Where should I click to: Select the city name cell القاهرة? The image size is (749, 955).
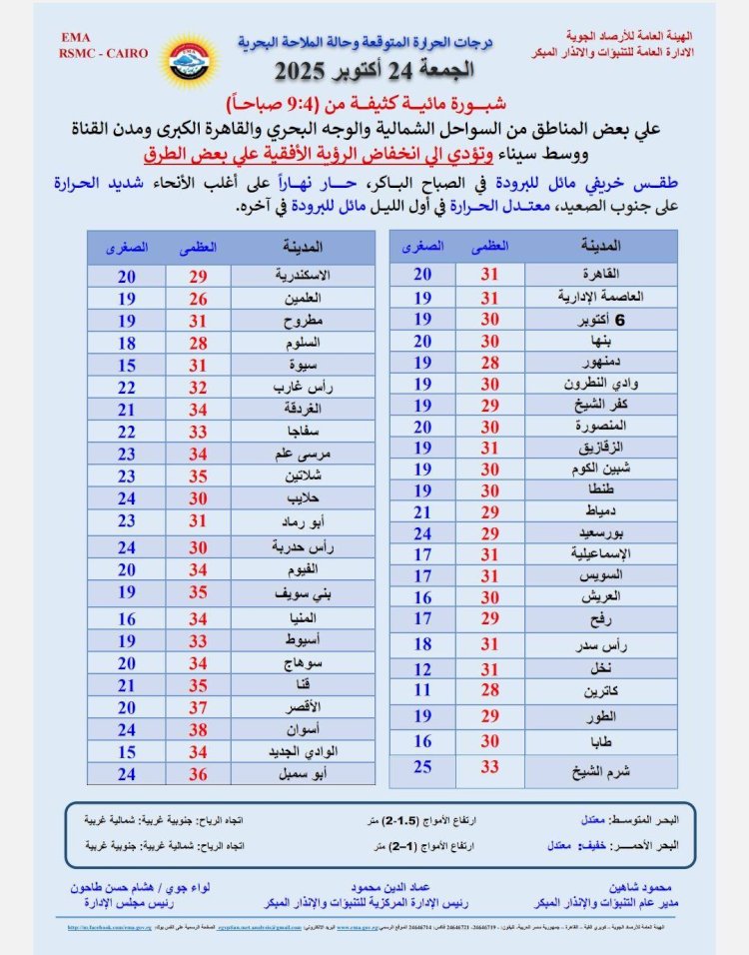[606, 274]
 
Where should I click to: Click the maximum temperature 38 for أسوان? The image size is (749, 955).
[198, 728]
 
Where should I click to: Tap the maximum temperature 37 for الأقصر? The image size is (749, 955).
[198, 706]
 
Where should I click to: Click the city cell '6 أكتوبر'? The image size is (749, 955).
[606, 320]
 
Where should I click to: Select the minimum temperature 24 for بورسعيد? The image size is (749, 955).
[422, 532]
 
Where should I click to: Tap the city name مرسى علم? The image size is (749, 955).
[303, 454]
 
